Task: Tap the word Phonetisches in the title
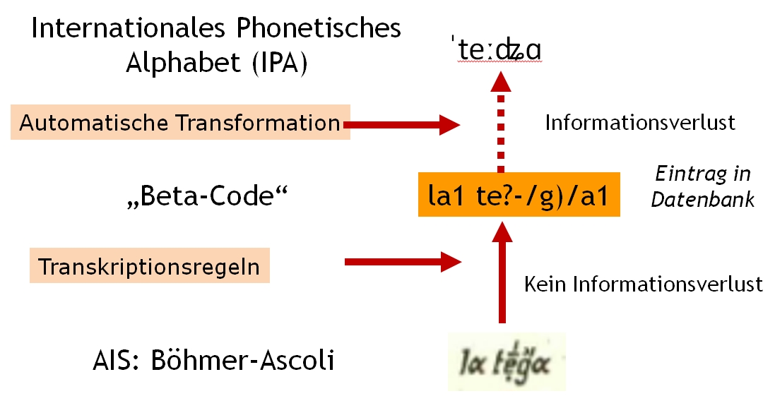point(312,29)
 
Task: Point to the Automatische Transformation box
point(180,123)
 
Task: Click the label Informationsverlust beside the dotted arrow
point(640,123)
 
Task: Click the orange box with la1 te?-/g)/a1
point(519,194)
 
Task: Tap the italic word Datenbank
point(702,200)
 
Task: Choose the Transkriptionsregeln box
point(149,267)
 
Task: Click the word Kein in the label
point(546,284)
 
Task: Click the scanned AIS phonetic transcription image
point(507,361)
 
